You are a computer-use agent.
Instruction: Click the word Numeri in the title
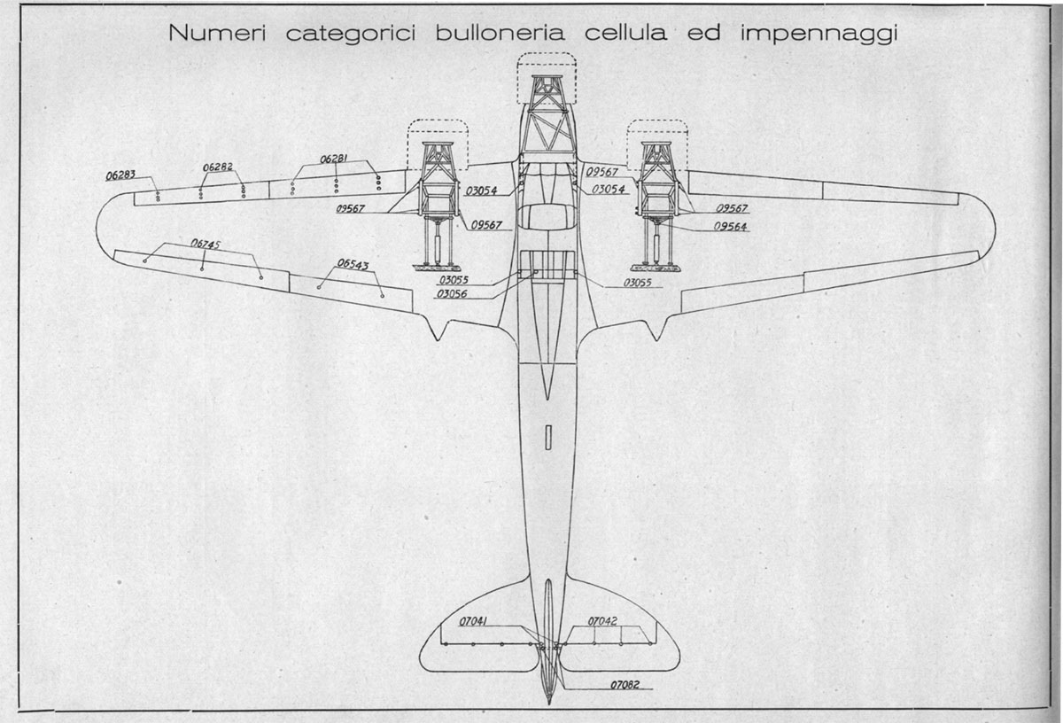click(217, 33)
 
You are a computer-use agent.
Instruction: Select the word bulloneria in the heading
click(500, 33)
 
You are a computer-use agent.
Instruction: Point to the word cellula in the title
click(626, 33)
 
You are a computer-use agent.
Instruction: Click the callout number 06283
click(120, 175)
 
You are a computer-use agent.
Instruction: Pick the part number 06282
click(218, 167)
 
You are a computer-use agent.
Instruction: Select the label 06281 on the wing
click(335, 159)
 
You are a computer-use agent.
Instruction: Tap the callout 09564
click(730, 227)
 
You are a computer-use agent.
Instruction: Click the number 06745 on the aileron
click(206, 244)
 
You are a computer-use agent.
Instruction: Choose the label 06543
click(353, 264)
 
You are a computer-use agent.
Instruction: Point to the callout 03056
click(452, 294)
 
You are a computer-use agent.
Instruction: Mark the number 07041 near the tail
click(473, 621)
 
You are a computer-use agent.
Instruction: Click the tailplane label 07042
click(602, 621)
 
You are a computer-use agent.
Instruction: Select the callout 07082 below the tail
click(625, 685)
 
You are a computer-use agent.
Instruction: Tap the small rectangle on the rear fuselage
click(549, 437)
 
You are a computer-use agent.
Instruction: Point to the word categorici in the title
click(351, 35)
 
